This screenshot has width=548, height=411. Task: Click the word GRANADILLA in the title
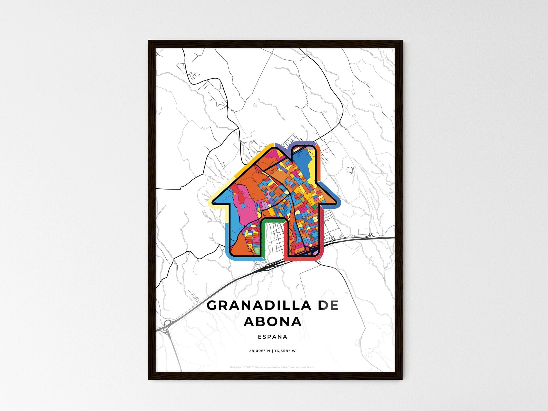(x=259, y=306)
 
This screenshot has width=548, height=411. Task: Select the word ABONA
(x=273, y=322)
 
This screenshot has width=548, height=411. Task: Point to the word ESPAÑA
(x=273, y=337)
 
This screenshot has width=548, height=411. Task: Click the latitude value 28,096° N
(x=259, y=351)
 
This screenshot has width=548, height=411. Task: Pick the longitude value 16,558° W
(x=285, y=351)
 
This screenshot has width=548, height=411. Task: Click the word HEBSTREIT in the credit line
(x=248, y=367)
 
